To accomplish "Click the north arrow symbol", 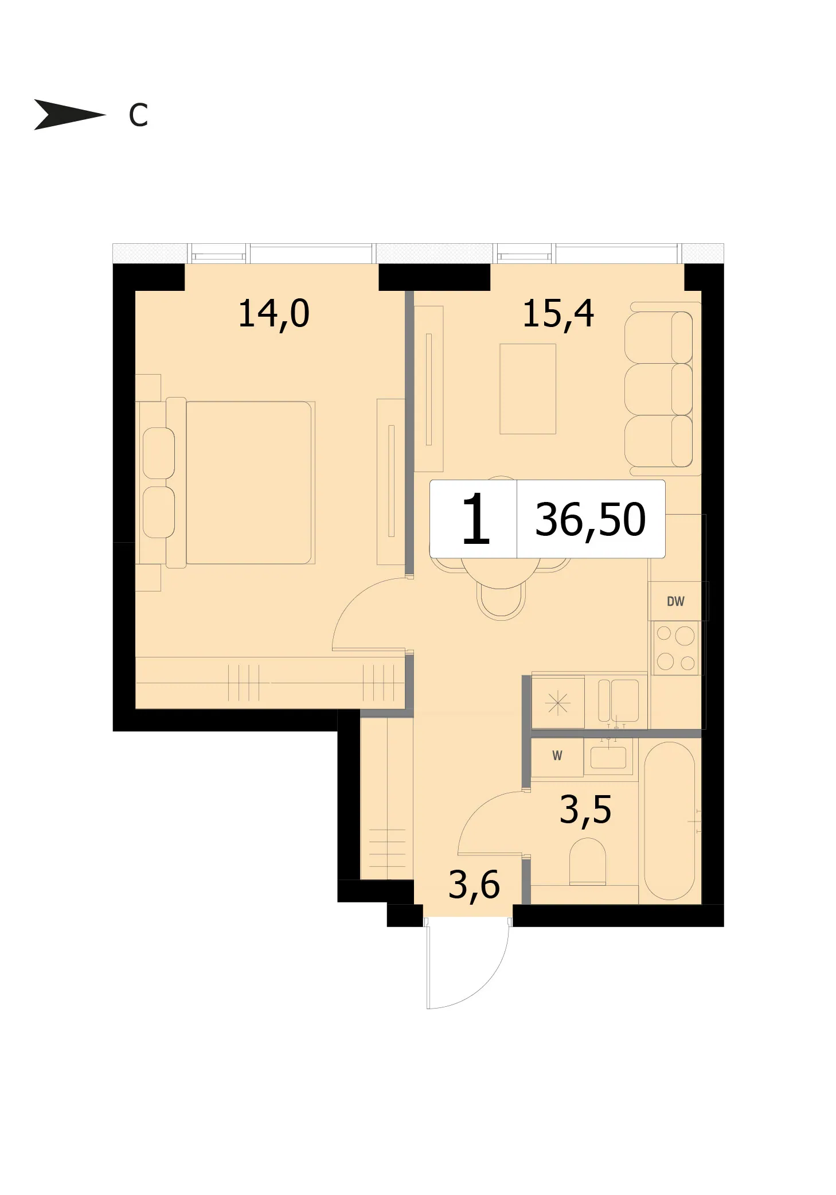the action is click(x=69, y=115).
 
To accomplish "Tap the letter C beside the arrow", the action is click(x=138, y=115).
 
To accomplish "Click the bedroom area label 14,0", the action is click(x=274, y=314).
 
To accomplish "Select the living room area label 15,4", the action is click(x=558, y=314).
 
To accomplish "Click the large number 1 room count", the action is click(x=475, y=520).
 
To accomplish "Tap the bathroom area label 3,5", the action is click(x=585, y=810).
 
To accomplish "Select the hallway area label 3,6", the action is click(x=474, y=885).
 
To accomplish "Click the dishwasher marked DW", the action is click(x=676, y=601).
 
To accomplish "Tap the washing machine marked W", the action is click(x=557, y=756).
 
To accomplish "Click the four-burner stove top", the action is click(x=676, y=648).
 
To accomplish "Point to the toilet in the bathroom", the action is click(x=588, y=862).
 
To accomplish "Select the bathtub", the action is click(x=670, y=821).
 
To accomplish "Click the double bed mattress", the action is click(x=249, y=482).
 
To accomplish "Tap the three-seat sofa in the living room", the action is click(x=663, y=389).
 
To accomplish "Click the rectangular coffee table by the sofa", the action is click(x=528, y=388).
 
